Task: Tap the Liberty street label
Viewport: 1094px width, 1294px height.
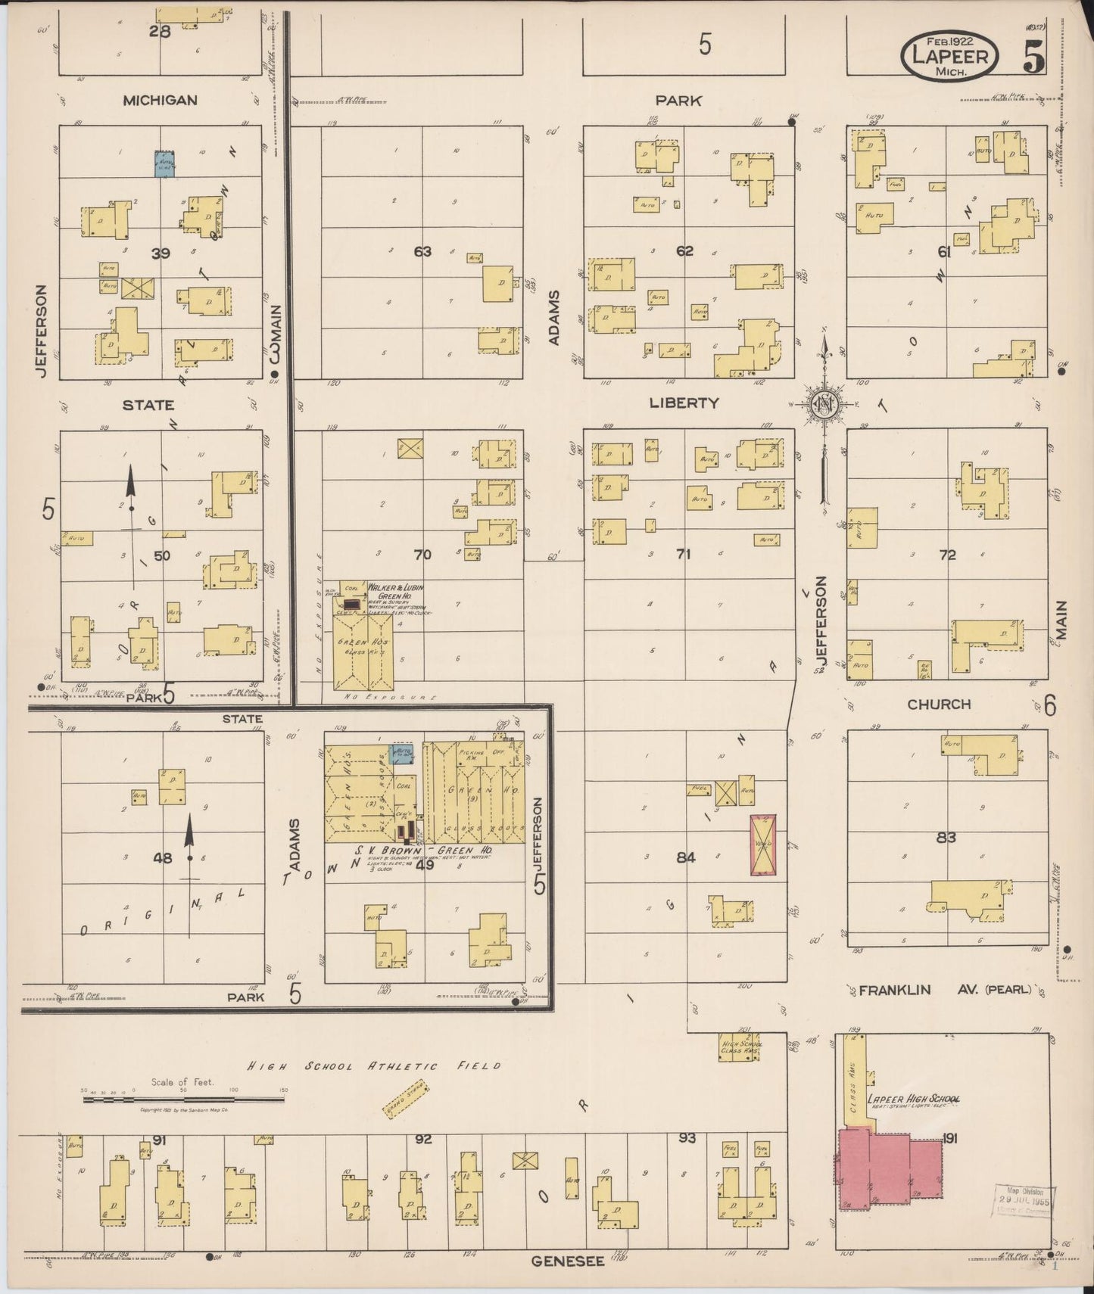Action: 683,403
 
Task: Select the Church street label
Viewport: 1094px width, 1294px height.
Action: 939,704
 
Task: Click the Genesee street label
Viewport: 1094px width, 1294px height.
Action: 567,1261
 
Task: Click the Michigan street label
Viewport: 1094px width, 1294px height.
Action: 161,100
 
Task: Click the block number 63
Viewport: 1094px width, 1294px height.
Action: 422,251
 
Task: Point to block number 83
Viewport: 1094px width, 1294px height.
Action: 946,838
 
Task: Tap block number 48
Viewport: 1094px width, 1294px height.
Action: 163,858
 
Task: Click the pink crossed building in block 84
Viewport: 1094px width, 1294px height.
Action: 762,845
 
